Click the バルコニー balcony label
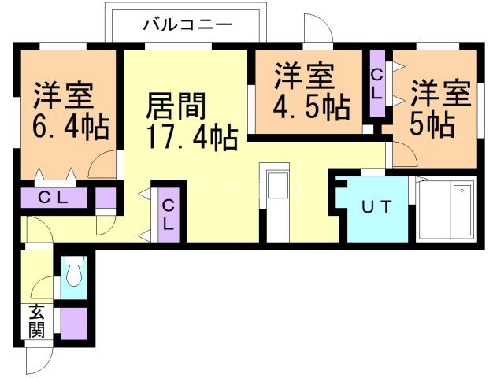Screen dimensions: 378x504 click(x=187, y=24)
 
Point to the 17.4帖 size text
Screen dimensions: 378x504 click(x=191, y=138)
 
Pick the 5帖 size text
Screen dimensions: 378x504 click(x=432, y=124)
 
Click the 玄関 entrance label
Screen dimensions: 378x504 click(x=37, y=321)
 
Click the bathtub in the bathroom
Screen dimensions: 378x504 click(x=445, y=210)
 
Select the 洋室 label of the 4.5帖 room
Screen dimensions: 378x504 click(x=305, y=77)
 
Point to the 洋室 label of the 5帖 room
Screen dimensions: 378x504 click(x=441, y=93)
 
